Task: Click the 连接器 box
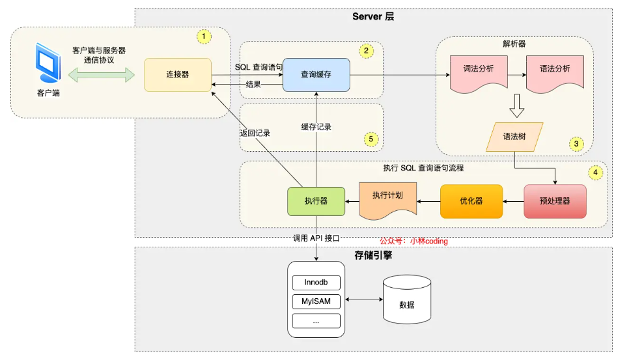pos(177,75)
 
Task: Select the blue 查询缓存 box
pos(316,75)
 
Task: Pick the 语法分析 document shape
pos(555,70)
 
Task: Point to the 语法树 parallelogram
pos(515,137)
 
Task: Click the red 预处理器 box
pos(555,201)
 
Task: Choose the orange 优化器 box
pos(471,201)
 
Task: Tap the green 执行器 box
pos(316,201)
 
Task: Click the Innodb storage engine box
pos(316,283)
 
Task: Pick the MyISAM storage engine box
pos(316,301)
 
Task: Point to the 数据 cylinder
pos(407,300)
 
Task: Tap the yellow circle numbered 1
pos(204,37)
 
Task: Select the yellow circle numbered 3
pos(576,143)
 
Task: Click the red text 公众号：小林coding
pos(414,241)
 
